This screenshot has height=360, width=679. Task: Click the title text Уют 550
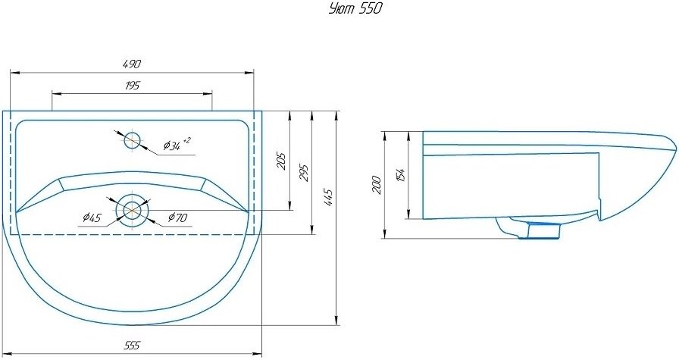[x=355, y=9]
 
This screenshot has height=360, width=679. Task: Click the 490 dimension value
[x=132, y=64]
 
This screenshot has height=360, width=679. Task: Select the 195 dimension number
[x=132, y=86]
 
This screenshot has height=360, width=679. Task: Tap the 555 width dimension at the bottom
[x=132, y=346]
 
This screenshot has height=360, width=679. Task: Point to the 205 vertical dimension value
[x=281, y=161]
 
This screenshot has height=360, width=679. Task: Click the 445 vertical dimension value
[x=328, y=197]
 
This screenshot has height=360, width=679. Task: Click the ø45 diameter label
[x=92, y=217]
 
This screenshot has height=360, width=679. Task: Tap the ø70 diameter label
[x=177, y=217]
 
